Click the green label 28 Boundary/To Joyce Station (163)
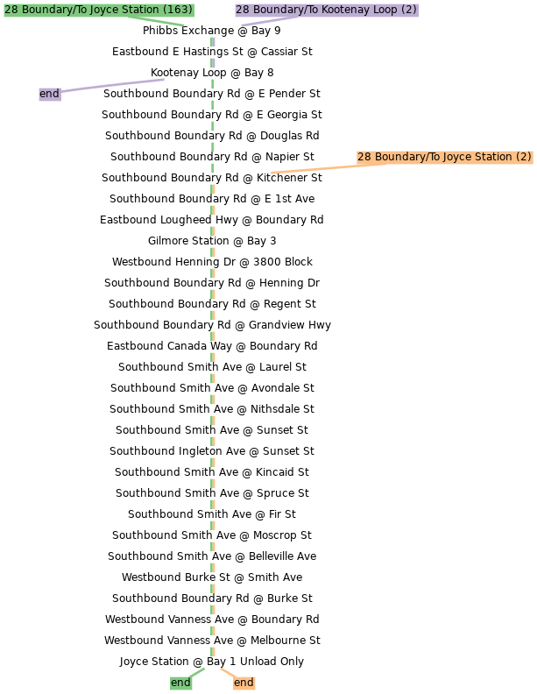pyautogui.click(x=98, y=10)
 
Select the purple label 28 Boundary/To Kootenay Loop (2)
pyautogui.click(x=326, y=10)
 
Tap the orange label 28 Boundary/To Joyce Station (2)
pyautogui.click(x=444, y=157)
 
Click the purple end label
pyautogui.click(x=50, y=94)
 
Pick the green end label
pyautogui.click(x=180, y=683)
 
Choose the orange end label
pyautogui.click(x=244, y=683)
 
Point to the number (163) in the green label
pyautogui.click(x=178, y=10)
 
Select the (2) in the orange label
pyautogui.click(x=523, y=157)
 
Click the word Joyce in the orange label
pyautogui.click(x=456, y=157)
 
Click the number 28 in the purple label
pyautogui.click(x=242, y=10)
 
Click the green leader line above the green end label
pyautogui.click(x=197, y=672)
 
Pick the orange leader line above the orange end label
pyautogui.click(x=227, y=672)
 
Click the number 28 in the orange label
pyautogui.click(x=364, y=157)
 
